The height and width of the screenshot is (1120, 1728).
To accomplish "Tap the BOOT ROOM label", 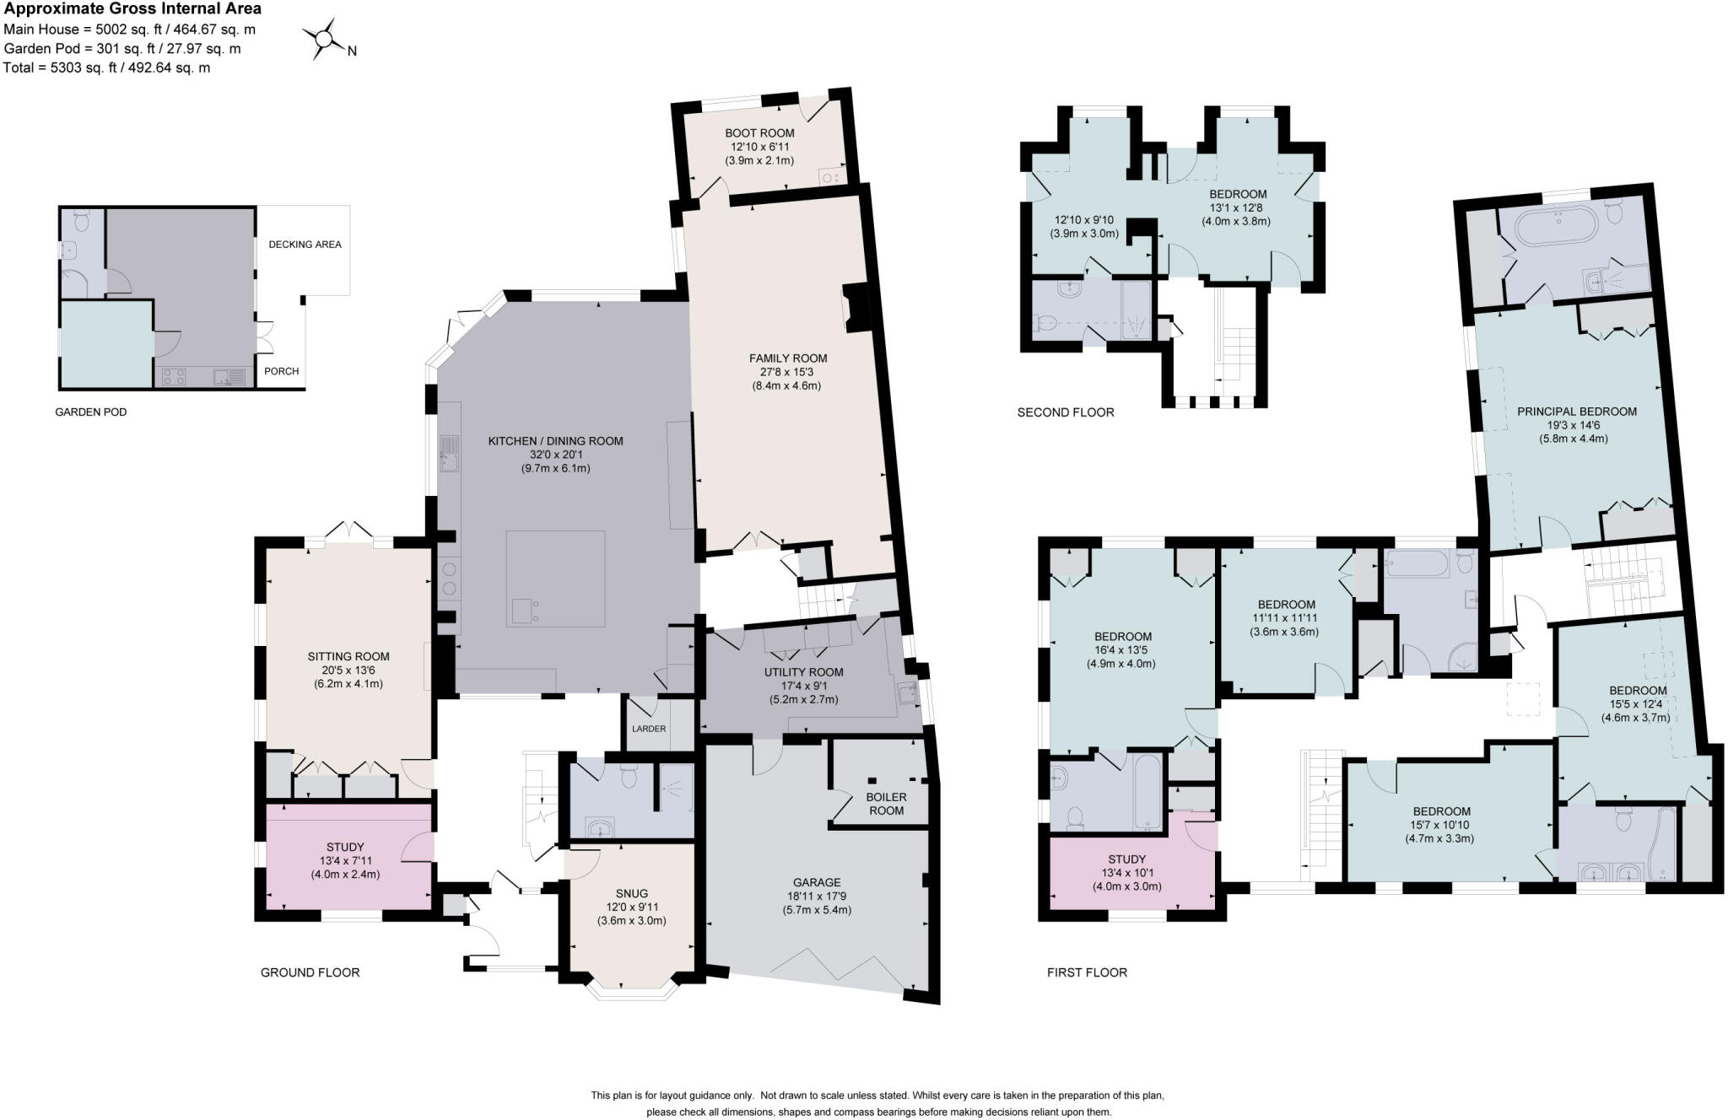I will click(x=759, y=133).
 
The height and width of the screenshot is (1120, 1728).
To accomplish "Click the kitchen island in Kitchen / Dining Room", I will click(x=555, y=578).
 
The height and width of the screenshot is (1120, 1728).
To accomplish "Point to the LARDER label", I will click(x=648, y=729).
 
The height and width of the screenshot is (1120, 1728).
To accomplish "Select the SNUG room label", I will click(x=631, y=893).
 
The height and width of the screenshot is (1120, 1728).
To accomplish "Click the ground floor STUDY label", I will click(x=345, y=847).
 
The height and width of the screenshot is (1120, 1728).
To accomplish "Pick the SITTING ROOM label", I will click(x=348, y=656).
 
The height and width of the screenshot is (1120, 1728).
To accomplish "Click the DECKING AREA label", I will click(x=305, y=245).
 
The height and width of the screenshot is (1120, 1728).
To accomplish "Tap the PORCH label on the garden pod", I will click(x=281, y=371).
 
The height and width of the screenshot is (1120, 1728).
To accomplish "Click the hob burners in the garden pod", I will click(x=174, y=376).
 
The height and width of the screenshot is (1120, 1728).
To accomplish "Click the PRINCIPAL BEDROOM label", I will click(x=1576, y=412).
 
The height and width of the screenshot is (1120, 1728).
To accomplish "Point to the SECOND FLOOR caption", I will click(x=1065, y=412).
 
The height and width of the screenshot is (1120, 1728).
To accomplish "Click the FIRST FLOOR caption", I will click(x=1087, y=972).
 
